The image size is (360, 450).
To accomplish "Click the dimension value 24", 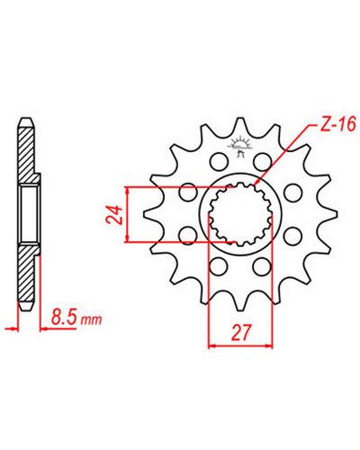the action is click(x=114, y=215).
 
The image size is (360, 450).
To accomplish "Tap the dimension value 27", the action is click(x=240, y=332).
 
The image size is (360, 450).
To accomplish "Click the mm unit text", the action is click(x=92, y=320).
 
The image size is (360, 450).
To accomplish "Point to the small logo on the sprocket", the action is click(x=239, y=147).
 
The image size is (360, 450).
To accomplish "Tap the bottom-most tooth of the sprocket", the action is click(x=243, y=302).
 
